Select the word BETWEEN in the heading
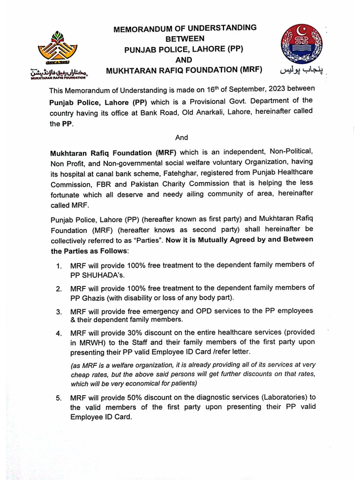(185, 39)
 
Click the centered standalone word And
(181, 137)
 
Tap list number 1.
(59, 266)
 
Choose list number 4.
(59, 334)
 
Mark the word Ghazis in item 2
(93, 298)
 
